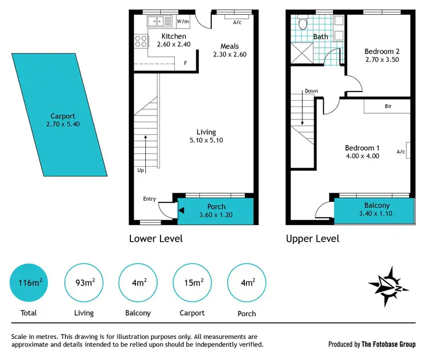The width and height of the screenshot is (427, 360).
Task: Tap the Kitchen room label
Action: (x=158, y=36)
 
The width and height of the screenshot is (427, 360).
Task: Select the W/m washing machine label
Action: (x=183, y=22)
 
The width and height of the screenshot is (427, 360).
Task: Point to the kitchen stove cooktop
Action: (x=140, y=42)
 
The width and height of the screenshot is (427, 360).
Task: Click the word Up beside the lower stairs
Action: (x=141, y=170)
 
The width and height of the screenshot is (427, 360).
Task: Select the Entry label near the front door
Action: (x=150, y=198)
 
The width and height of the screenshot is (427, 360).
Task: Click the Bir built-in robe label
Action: (x=388, y=106)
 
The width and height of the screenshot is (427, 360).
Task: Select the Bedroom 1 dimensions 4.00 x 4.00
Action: (x=362, y=156)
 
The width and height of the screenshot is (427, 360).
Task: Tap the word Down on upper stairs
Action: (x=311, y=91)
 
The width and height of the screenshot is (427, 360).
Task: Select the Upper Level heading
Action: (x=313, y=238)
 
